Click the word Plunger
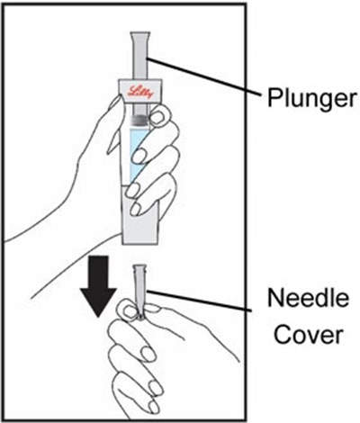click(312, 97)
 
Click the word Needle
click(309, 298)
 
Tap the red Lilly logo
click(140, 91)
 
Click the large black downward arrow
click(98, 286)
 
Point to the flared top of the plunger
click(140, 37)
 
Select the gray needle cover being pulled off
click(139, 291)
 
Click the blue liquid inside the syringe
click(138, 155)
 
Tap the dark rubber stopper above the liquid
click(140, 120)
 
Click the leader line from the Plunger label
click(203, 76)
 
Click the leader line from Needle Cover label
click(200, 300)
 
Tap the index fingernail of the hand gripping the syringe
click(158, 116)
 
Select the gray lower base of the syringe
click(139, 222)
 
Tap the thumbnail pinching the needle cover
click(128, 310)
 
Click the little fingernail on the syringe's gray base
click(136, 209)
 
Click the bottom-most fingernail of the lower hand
click(154, 408)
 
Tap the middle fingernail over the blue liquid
click(140, 155)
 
